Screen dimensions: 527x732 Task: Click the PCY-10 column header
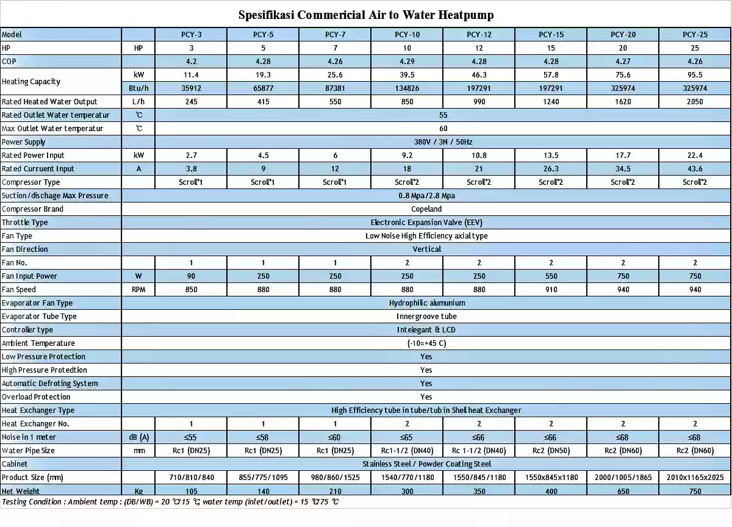click(x=407, y=35)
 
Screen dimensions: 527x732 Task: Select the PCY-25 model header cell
click(x=695, y=35)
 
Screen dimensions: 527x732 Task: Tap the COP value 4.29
click(x=407, y=62)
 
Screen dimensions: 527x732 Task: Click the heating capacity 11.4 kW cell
click(x=191, y=75)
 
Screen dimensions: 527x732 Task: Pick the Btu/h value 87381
click(x=335, y=88)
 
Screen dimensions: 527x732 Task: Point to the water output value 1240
click(x=551, y=102)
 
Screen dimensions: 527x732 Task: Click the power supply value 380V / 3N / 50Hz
click(x=443, y=142)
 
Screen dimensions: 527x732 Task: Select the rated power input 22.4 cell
click(x=695, y=156)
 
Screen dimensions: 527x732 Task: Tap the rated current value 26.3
click(x=551, y=169)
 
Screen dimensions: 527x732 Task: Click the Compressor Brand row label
click(x=33, y=209)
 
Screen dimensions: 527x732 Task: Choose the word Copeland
click(x=426, y=209)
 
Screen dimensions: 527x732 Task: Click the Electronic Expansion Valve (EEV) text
click(x=426, y=223)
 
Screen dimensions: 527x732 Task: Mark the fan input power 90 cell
click(x=191, y=276)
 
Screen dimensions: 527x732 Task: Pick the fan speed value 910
click(x=551, y=290)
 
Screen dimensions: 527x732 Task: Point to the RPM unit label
click(x=138, y=290)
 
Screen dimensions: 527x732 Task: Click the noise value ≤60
click(x=335, y=437)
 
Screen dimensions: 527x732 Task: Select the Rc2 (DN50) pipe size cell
click(x=551, y=451)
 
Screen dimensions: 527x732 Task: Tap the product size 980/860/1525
click(x=335, y=478)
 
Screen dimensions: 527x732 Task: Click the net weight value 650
click(x=623, y=491)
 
